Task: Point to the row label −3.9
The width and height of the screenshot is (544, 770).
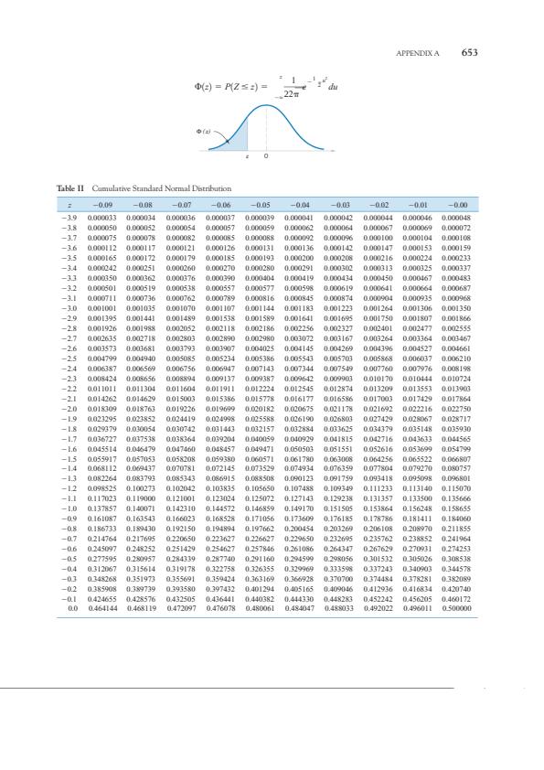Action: [x=69, y=217]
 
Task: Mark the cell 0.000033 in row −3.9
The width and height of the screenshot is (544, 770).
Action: [x=101, y=217]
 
